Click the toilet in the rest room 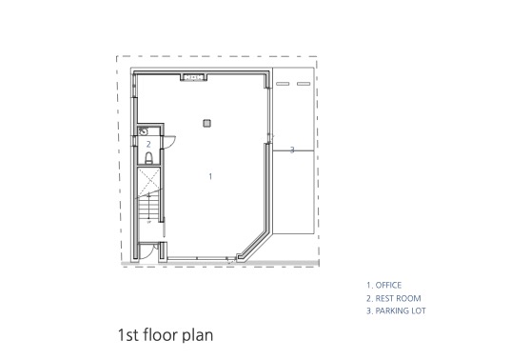click(x=148, y=158)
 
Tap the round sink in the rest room click(x=143, y=131)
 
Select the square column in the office click(x=206, y=123)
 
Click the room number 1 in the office click(x=210, y=176)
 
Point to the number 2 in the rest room click(x=148, y=144)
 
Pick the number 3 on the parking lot click(x=292, y=150)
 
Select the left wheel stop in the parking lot click(x=283, y=84)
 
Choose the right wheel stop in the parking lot click(x=304, y=84)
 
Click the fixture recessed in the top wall click(x=194, y=77)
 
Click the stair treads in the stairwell click(x=148, y=209)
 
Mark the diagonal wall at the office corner click(x=255, y=245)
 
